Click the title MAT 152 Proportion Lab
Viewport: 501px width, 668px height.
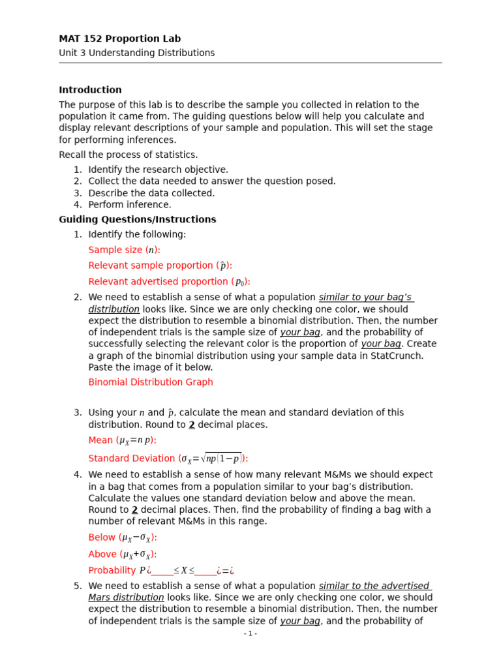click(119, 39)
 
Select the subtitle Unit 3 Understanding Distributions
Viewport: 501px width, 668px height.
click(136, 53)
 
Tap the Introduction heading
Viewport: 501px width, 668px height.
click(90, 90)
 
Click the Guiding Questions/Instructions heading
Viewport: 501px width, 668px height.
click(137, 220)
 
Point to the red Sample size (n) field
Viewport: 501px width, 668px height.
click(124, 250)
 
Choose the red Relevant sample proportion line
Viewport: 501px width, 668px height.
click(160, 266)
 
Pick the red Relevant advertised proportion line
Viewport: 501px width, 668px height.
click(169, 282)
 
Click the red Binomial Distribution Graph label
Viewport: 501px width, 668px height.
click(151, 382)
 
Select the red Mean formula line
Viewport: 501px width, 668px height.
click(122, 440)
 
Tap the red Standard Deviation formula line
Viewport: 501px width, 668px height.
click(168, 459)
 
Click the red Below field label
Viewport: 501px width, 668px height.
click(123, 538)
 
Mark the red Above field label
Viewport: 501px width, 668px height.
click(123, 554)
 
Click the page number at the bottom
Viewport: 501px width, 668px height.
click(250, 633)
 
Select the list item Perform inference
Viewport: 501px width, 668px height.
click(129, 205)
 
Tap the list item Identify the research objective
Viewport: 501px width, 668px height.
click(158, 170)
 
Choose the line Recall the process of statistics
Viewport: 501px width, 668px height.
click(128, 155)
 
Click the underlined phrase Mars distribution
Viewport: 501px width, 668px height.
click(126, 598)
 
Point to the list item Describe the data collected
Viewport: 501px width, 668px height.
click(151, 193)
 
